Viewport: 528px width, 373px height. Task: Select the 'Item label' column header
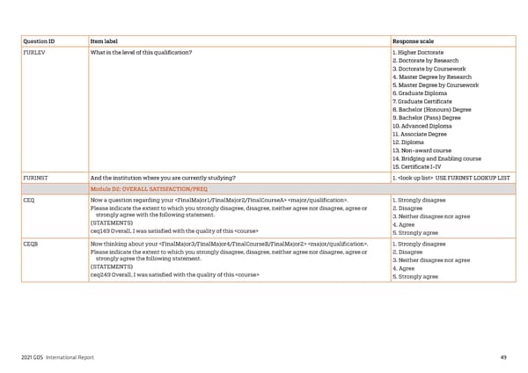[x=107, y=41]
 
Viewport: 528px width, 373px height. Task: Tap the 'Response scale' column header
[x=413, y=41]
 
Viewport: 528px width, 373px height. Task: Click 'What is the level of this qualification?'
[x=141, y=53]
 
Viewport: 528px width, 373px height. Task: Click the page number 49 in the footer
[x=502, y=356]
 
